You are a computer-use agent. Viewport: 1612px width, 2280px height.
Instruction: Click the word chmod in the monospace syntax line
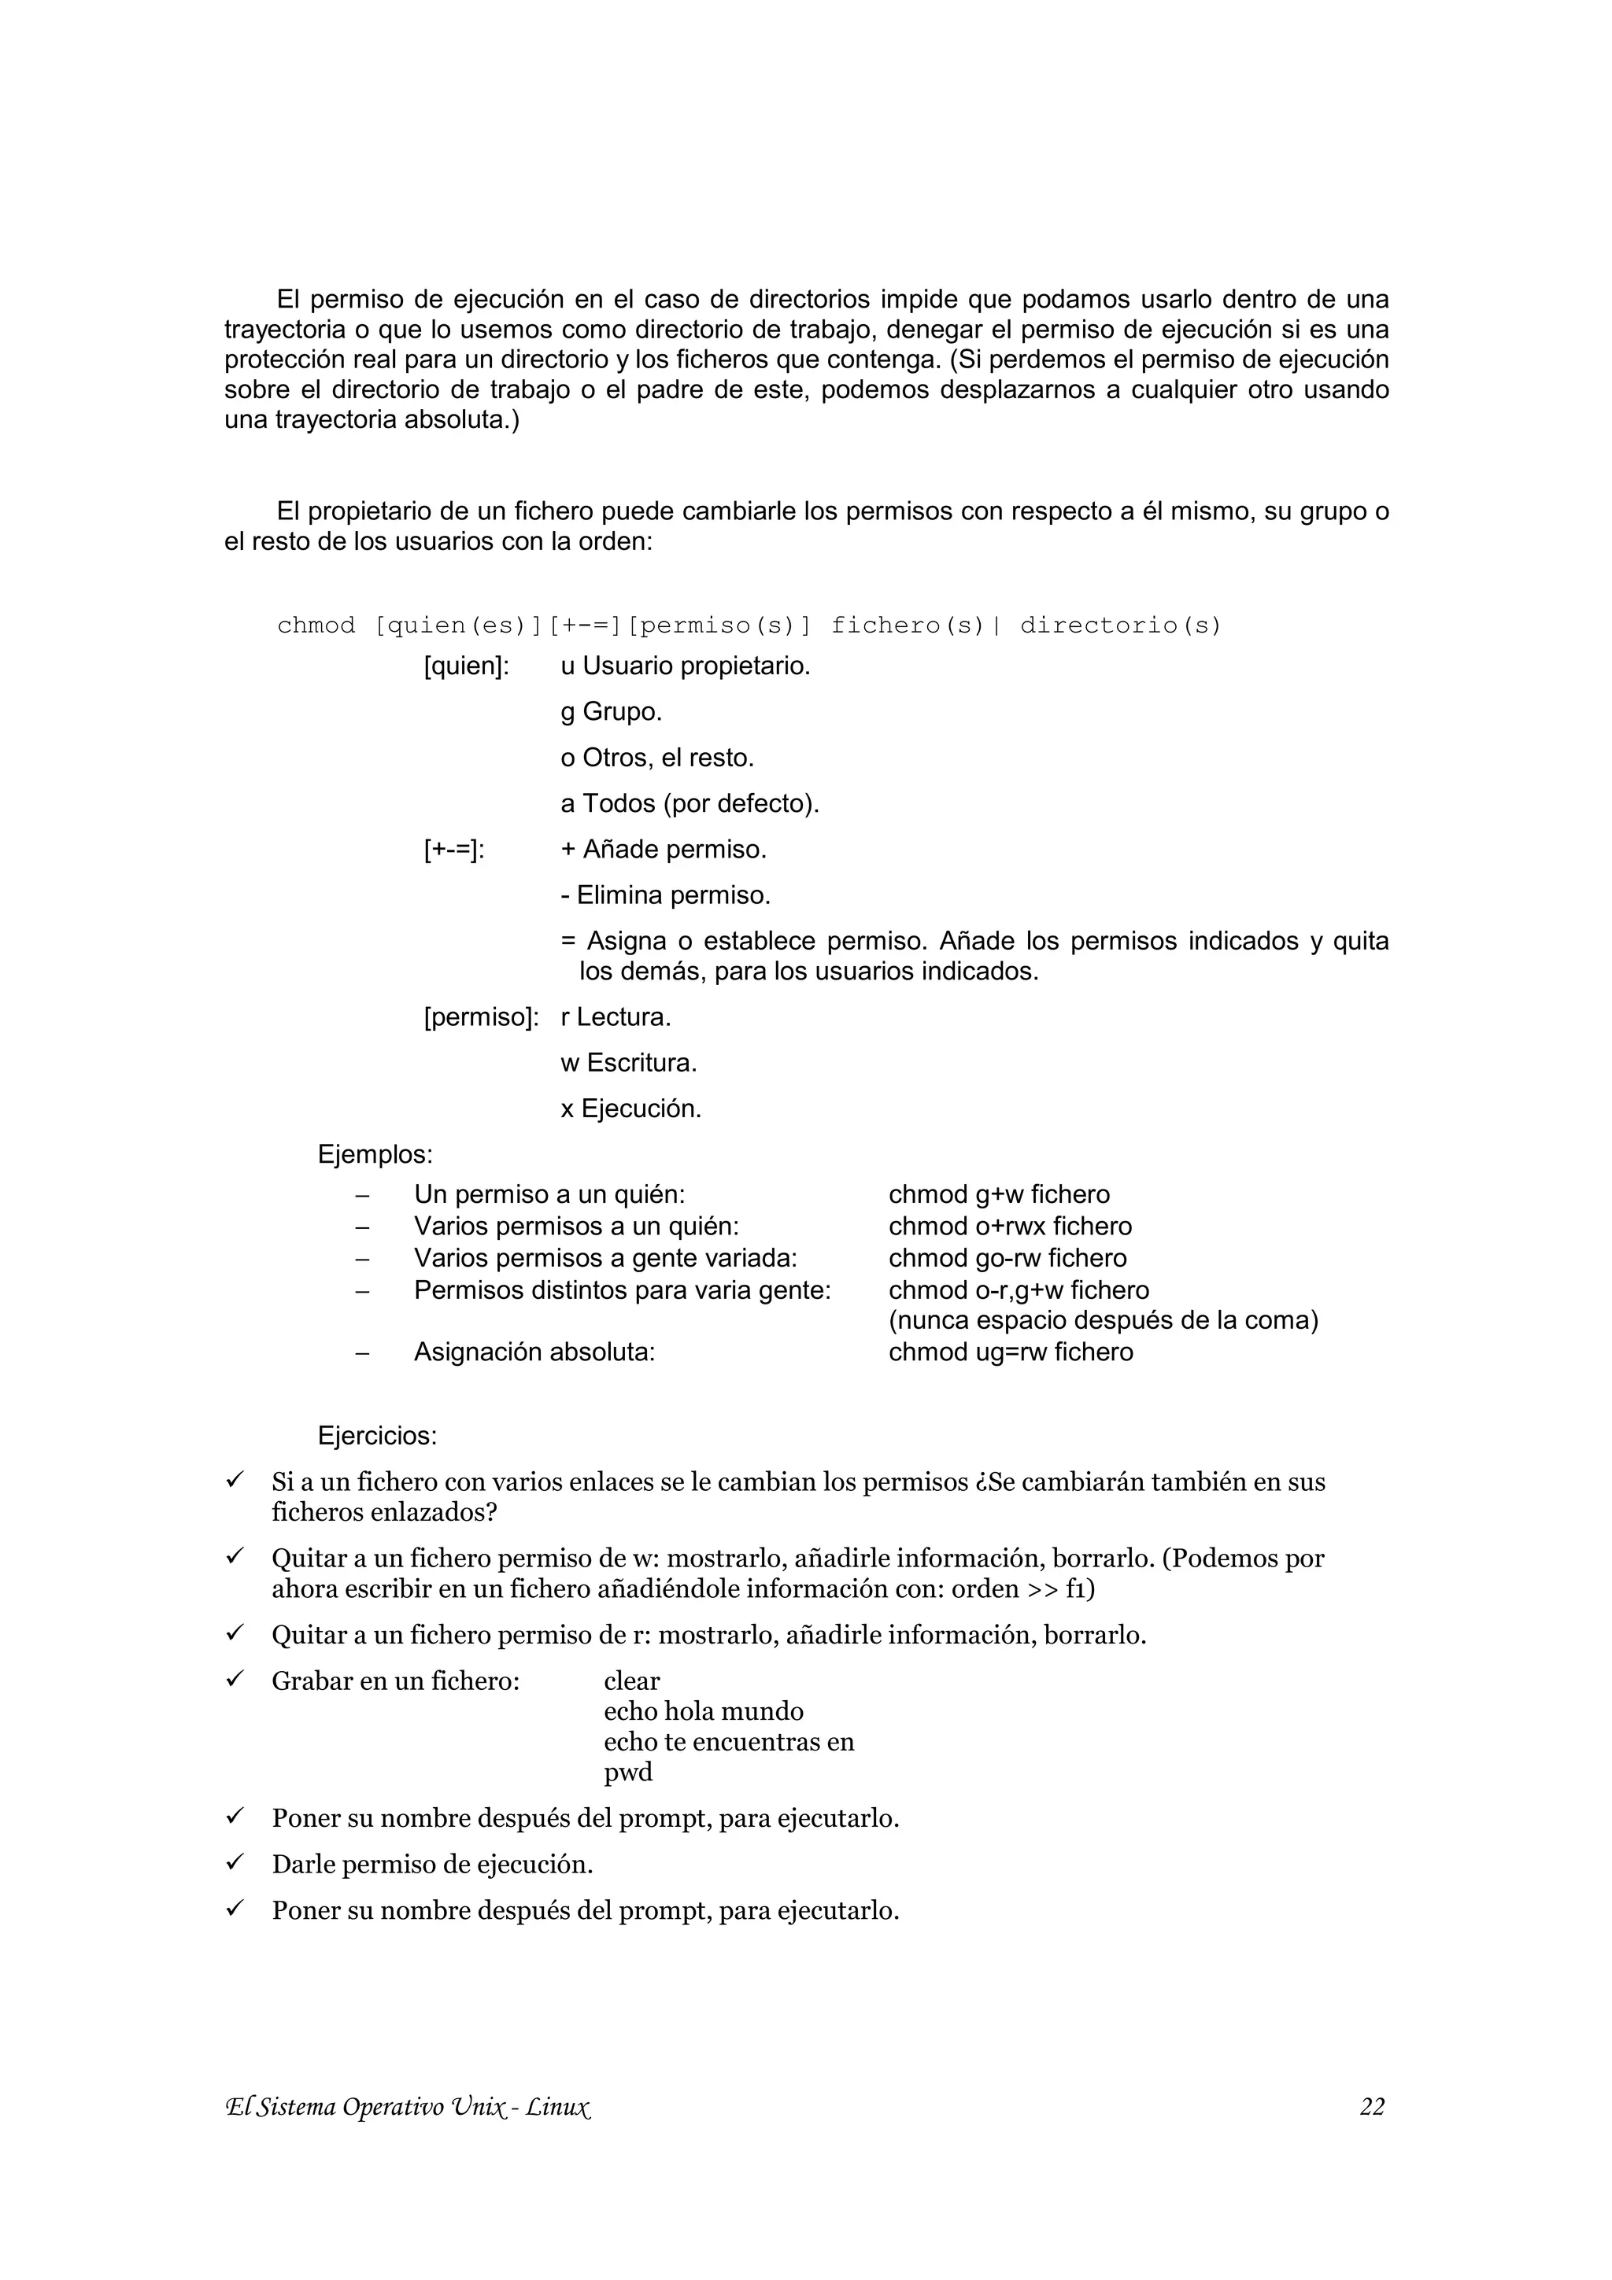316,625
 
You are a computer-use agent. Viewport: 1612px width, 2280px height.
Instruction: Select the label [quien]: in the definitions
466,666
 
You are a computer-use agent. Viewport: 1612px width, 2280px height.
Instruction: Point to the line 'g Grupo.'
611,712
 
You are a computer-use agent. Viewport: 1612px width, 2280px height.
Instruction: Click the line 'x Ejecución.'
630,1109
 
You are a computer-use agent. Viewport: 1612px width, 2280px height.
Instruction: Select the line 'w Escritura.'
629,1064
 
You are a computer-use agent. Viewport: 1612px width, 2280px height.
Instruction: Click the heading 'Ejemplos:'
375,1155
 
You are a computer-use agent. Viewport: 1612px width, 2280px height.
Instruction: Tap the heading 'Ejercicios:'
378,1436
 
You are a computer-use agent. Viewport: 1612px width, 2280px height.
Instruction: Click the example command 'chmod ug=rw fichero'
1010,1352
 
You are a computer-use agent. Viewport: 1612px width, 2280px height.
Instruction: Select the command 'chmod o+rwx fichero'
1009,1227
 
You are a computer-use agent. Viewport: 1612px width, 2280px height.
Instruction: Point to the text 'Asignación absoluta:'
534,1352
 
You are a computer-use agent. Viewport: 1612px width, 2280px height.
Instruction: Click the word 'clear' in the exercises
632,1681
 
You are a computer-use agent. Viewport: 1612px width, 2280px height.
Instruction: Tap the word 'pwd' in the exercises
627,1773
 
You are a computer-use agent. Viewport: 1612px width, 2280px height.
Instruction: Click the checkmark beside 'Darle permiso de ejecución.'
235,1863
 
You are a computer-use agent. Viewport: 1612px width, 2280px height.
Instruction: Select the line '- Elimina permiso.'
665,895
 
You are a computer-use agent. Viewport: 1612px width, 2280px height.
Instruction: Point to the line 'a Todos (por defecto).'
690,803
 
